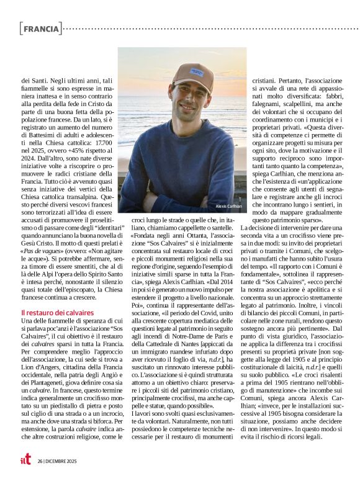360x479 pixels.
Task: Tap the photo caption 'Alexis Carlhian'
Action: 228,206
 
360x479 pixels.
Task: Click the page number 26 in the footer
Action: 39,460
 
